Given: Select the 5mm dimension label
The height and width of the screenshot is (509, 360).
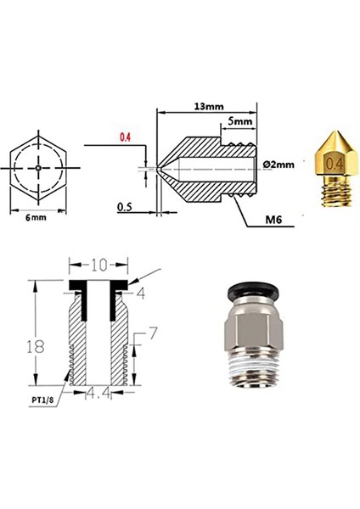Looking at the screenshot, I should click(240, 122).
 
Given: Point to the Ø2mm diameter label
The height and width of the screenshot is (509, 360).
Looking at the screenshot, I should click(280, 165).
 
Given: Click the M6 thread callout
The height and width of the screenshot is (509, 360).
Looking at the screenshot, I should click(273, 220).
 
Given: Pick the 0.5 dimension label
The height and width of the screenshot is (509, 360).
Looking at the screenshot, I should click(124, 206).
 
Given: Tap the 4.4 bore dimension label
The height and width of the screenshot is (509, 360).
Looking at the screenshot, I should click(98, 393).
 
